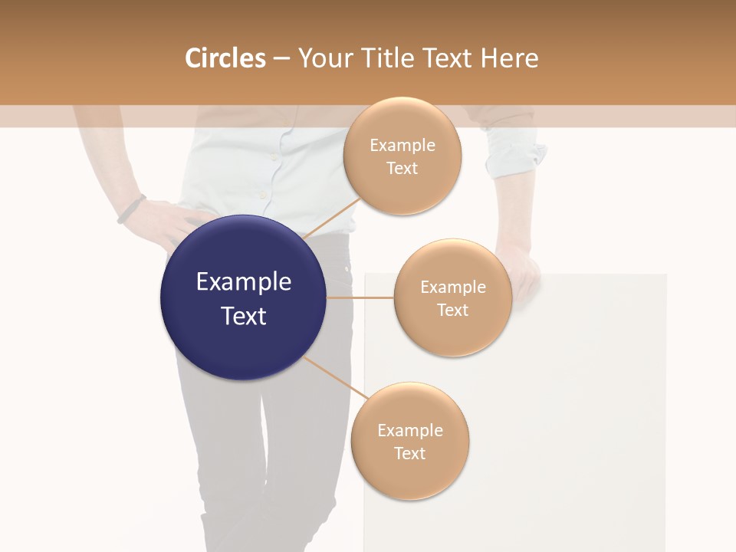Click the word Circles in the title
click(x=225, y=58)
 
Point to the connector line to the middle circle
click(x=360, y=297)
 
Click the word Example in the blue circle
click(x=244, y=282)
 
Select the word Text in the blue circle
click(x=244, y=316)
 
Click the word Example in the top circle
click(x=402, y=146)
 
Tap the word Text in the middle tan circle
click(x=453, y=310)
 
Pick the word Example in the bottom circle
click(x=410, y=431)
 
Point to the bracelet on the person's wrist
click(x=131, y=209)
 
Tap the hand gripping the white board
click(x=521, y=272)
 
